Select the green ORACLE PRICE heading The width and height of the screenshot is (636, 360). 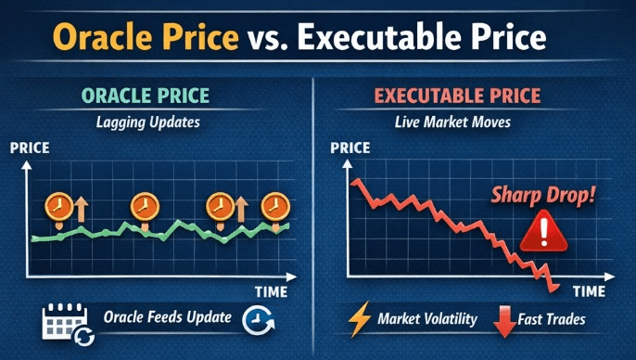(x=146, y=96)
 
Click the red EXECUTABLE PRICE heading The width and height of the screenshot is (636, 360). (x=458, y=96)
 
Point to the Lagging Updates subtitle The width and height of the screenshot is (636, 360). (x=148, y=122)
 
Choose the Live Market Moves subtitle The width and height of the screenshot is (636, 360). (x=452, y=122)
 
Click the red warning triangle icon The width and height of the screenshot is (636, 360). (x=543, y=231)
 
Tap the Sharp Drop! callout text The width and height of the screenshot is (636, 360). (x=543, y=196)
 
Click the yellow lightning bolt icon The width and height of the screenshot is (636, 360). (x=360, y=319)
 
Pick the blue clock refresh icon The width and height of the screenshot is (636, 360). (x=259, y=320)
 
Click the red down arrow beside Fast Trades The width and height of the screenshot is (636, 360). (x=504, y=321)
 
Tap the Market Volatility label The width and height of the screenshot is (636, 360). (x=427, y=319)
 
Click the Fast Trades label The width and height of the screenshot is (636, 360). (x=552, y=319)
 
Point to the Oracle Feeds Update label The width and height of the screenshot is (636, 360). (x=168, y=317)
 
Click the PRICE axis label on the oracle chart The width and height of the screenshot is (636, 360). (x=30, y=148)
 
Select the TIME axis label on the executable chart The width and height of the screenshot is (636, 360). (x=589, y=291)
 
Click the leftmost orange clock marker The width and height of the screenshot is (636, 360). (x=59, y=208)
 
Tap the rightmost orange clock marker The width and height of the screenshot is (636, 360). (x=275, y=208)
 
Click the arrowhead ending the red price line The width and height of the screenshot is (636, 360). (x=553, y=288)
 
